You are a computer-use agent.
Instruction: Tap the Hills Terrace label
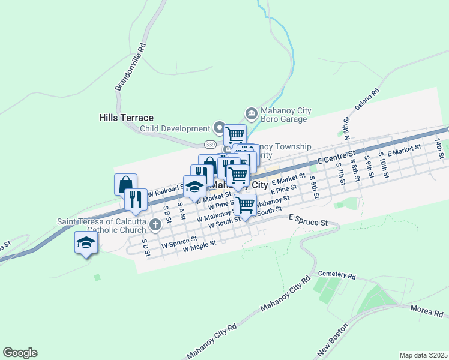126,118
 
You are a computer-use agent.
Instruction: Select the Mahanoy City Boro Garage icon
251,113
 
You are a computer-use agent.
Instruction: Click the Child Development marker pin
220,128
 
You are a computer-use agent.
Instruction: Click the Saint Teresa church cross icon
155,226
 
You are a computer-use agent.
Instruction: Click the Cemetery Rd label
337,275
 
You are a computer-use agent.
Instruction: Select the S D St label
145,248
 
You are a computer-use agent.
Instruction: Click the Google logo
20,353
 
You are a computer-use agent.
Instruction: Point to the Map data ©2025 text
423,355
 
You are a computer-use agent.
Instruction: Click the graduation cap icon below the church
86,243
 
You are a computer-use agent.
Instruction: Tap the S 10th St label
382,167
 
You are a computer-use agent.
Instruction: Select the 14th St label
441,147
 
